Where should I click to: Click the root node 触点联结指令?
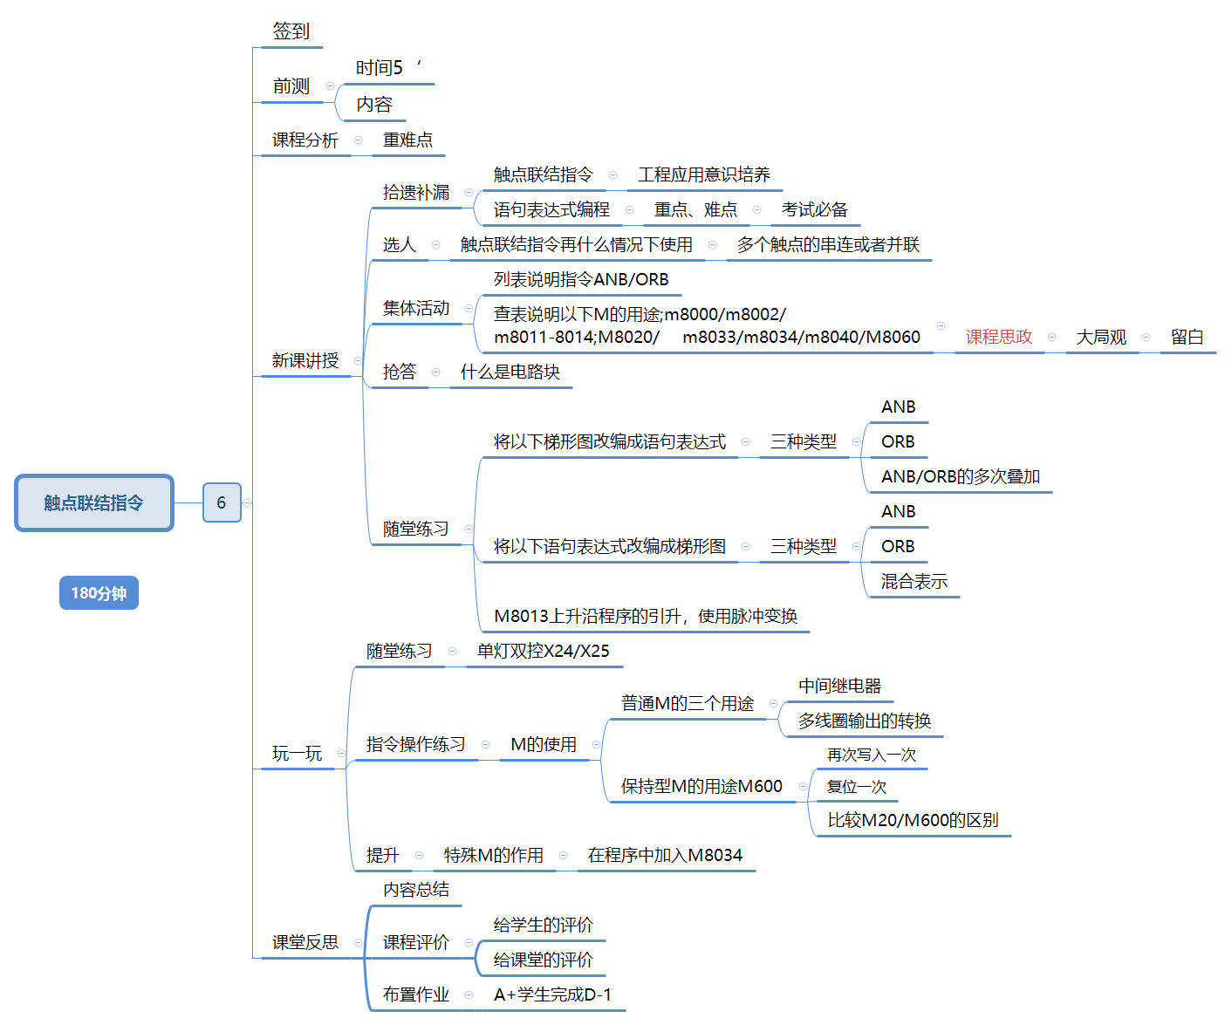94,503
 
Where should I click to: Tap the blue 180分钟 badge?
99,593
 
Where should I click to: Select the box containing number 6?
222,502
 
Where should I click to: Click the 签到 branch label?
291,31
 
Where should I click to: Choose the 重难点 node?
407,140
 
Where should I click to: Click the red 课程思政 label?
998,337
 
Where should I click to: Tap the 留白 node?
1187,337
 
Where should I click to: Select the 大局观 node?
1101,337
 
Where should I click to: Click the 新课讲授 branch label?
305,360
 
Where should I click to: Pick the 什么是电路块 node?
510,372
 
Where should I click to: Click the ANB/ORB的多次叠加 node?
960,476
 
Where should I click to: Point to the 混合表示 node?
914,581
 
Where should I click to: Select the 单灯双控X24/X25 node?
543,651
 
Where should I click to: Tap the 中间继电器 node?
839,686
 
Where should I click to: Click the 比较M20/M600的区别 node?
913,820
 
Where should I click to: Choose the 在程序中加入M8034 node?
665,855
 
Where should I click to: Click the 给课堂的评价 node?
543,960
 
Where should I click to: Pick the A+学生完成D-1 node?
552,994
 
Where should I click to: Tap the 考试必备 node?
814,209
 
